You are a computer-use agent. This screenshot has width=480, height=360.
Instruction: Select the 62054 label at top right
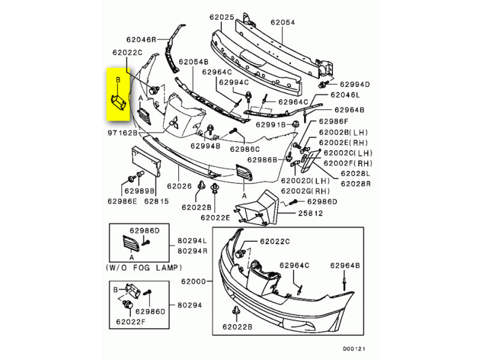(x=283, y=22)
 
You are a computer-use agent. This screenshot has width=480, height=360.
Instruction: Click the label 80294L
(x=192, y=241)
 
